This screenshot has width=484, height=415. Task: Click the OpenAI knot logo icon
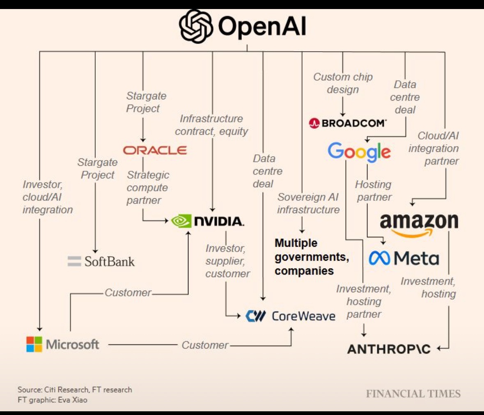[x=196, y=27]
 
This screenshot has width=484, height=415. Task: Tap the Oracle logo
[x=155, y=150]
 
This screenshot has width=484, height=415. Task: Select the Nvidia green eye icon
[x=181, y=221]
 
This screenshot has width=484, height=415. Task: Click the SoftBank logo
[x=101, y=261]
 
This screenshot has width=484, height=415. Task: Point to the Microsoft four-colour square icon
[x=34, y=344]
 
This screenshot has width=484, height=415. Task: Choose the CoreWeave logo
[x=290, y=316]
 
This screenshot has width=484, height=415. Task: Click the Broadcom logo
[x=348, y=123]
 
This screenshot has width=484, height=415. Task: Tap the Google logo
[x=359, y=151]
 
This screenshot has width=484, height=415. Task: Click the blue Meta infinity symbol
[x=379, y=258]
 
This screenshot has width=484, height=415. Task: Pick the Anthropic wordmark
[x=389, y=349]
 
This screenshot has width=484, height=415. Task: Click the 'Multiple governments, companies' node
[x=312, y=257]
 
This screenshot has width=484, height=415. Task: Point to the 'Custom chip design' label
[x=343, y=83]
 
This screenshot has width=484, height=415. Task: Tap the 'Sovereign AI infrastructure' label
[x=308, y=203]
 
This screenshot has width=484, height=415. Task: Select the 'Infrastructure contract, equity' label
[x=211, y=125]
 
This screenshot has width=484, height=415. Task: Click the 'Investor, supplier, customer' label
[x=227, y=261]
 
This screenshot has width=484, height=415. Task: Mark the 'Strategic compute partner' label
[x=147, y=187]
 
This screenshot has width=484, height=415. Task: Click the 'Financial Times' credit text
[x=413, y=394]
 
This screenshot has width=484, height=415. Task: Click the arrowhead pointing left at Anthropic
[x=438, y=349]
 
